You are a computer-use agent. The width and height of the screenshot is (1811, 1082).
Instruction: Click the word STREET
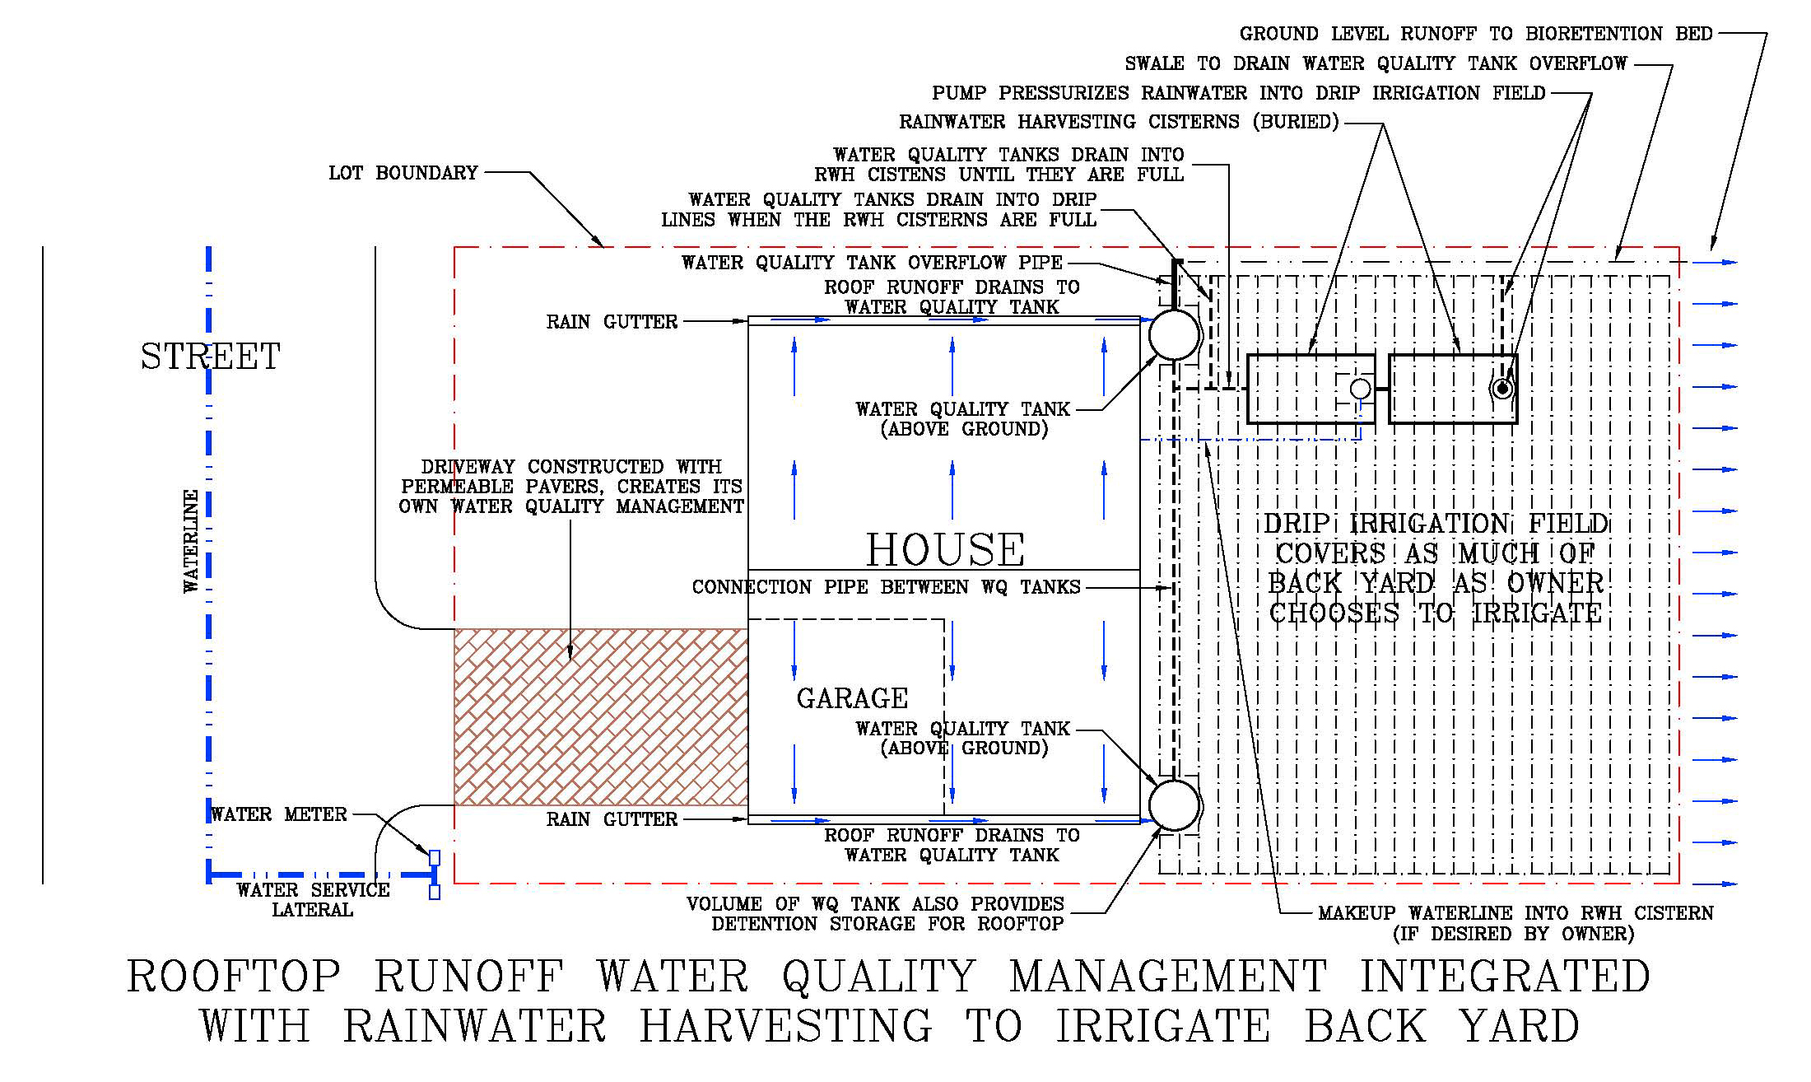(210, 357)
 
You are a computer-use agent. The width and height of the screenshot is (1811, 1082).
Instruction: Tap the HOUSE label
(945, 549)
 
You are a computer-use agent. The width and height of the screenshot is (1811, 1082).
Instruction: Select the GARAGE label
(852, 698)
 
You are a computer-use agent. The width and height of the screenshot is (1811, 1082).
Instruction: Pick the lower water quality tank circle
(1174, 805)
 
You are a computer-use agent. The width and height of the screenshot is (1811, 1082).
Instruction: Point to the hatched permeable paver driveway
(601, 716)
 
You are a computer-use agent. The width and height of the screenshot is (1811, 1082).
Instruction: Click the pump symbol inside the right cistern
(1502, 388)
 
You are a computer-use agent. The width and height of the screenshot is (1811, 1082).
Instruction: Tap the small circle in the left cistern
(1361, 389)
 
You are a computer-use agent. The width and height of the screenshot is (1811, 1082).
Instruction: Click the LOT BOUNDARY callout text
(403, 173)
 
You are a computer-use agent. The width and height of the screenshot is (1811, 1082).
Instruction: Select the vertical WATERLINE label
(191, 541)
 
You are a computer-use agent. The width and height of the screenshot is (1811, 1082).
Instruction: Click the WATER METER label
(279, 814)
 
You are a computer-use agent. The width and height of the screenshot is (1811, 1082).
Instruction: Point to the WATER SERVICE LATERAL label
(313, 900)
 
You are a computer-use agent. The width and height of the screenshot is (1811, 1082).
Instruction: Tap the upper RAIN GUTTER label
(612, 322)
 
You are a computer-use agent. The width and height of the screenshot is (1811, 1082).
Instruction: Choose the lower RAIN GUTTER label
(612, 819)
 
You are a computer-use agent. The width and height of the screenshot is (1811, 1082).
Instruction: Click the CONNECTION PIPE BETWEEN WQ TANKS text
(886, 587)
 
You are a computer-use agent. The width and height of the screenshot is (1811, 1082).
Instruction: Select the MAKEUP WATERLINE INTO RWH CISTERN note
(1515, 923)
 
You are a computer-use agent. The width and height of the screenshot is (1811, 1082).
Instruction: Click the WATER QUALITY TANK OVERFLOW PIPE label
(872, 263)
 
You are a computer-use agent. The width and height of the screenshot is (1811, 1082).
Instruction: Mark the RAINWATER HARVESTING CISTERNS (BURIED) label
(1119, 122)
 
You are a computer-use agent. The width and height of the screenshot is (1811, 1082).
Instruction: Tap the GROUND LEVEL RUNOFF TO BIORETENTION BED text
(1476, 34)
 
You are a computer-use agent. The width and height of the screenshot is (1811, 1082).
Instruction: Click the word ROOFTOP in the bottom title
(234, 977)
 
